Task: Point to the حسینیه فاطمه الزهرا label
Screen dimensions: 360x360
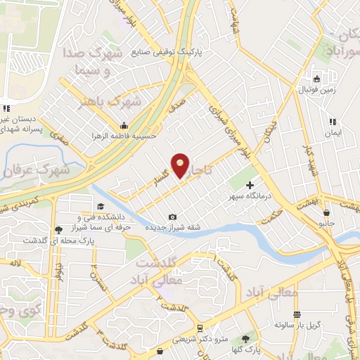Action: [136, 135]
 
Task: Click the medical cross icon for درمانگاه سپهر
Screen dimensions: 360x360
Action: [250, 184]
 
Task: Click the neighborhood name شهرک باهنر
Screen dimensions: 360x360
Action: [117, 103]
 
